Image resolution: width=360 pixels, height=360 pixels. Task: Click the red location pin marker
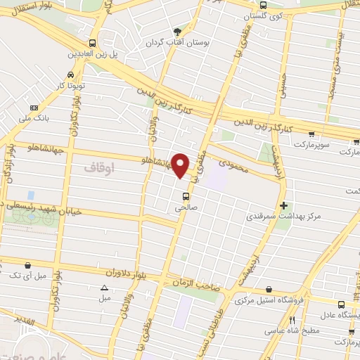(x=181, y=166)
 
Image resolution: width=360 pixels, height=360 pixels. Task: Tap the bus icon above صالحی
(x=186, y=196)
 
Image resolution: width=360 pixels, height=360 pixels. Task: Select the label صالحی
(x=186, y=208)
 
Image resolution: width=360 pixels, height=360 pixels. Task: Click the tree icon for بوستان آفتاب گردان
(x=177, y=32)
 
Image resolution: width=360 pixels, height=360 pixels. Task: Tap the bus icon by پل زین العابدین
(x=93, y=43)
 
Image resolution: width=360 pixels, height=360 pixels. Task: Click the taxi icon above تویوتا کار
(x=71, y=75)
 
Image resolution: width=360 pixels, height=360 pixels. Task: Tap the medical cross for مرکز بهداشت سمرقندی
(x=283, y=205)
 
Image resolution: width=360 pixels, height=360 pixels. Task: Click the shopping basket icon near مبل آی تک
(x=27, y=265)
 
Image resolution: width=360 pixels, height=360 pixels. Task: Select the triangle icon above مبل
(x=105, y=287)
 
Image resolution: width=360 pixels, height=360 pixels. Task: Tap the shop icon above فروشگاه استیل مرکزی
(x=269, y=289)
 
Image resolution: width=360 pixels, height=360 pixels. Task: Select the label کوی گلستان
(x=257, y=15)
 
